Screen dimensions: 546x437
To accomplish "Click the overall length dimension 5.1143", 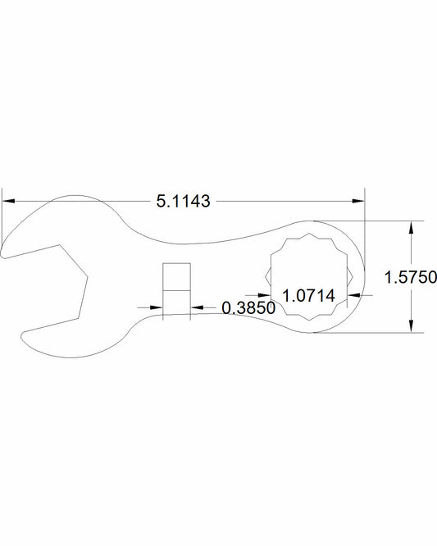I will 184,200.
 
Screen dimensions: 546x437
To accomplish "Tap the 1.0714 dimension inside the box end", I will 308,294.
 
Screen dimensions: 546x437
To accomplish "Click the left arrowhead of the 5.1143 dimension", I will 9,199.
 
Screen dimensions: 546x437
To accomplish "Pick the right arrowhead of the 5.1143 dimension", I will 358,199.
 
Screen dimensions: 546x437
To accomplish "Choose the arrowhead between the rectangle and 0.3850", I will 197,307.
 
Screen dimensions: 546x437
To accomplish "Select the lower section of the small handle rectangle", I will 176,304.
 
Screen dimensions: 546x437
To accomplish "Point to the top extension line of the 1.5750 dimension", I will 377,221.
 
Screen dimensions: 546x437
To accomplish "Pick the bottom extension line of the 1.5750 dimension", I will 377,333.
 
